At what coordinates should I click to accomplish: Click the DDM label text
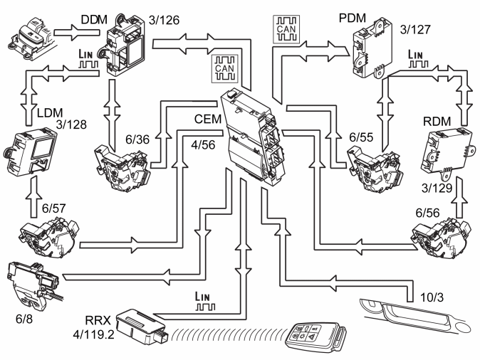click(x=94, y=20)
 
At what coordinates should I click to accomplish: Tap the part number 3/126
click(x=164, y=20)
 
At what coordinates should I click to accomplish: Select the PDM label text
click(x=352, y=18)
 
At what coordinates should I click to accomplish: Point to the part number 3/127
click(x=415, y=30)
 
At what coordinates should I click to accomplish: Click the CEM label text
click(x=207, y=119)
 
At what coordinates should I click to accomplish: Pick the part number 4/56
click(x=203, y=144)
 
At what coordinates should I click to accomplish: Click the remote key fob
click(x=316, y=338)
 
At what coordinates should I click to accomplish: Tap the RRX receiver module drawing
click(x=142, y=327)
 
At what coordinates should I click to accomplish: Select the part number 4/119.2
click(x=93, y=334)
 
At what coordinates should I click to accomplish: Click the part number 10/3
click(x=432, y=297)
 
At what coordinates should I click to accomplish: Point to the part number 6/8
click(x=24, y=319)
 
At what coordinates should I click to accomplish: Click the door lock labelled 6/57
click(x=49, y=237)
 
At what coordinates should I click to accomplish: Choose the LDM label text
click(x=50, y=113)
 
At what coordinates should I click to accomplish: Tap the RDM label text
click(x=437, y=122)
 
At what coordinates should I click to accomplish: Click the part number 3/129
click(x=437, y=188)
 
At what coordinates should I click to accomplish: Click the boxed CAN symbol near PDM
click(x=286, y=29)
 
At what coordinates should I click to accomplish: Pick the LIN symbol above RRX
click(x=205, y=301)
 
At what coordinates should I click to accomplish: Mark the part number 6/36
click(x=137, y=139)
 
